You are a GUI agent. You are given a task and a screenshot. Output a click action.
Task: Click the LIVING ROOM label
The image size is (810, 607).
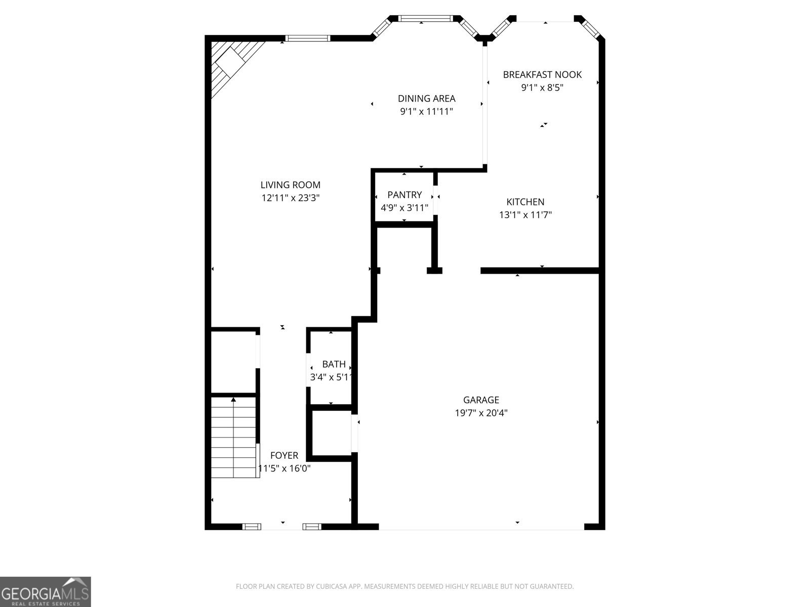click(290, 185)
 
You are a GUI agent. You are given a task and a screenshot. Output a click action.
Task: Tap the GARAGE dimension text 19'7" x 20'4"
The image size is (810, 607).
click(481, 413)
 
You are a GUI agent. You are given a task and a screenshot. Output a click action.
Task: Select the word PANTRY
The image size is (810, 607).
click(404, 195)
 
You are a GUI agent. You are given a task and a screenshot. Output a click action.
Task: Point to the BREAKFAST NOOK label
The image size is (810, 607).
click(542, 74)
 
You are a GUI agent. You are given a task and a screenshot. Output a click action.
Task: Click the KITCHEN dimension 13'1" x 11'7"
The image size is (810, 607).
click(525, 214)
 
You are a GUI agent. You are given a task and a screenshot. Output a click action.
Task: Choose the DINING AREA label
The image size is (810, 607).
click(426, 99)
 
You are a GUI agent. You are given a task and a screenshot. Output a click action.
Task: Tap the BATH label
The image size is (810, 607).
click(334, 364)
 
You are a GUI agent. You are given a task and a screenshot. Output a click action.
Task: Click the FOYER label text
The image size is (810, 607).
click(284, 455)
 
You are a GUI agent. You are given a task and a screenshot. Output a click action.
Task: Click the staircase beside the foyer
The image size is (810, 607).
click(234, 438)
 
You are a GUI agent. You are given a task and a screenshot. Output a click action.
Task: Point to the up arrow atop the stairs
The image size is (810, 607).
click(233, 400)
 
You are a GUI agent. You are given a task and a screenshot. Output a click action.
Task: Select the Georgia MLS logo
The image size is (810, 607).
click(46, 591)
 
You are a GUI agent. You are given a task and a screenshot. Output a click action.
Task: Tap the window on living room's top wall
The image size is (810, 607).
click(307, 38)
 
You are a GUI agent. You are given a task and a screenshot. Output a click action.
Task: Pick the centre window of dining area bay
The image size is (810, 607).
click(425, 19)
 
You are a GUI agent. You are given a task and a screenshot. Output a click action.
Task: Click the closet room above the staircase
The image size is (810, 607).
click(233, 361)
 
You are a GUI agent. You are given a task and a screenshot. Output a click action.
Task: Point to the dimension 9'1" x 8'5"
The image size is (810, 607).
click(542, 88)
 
